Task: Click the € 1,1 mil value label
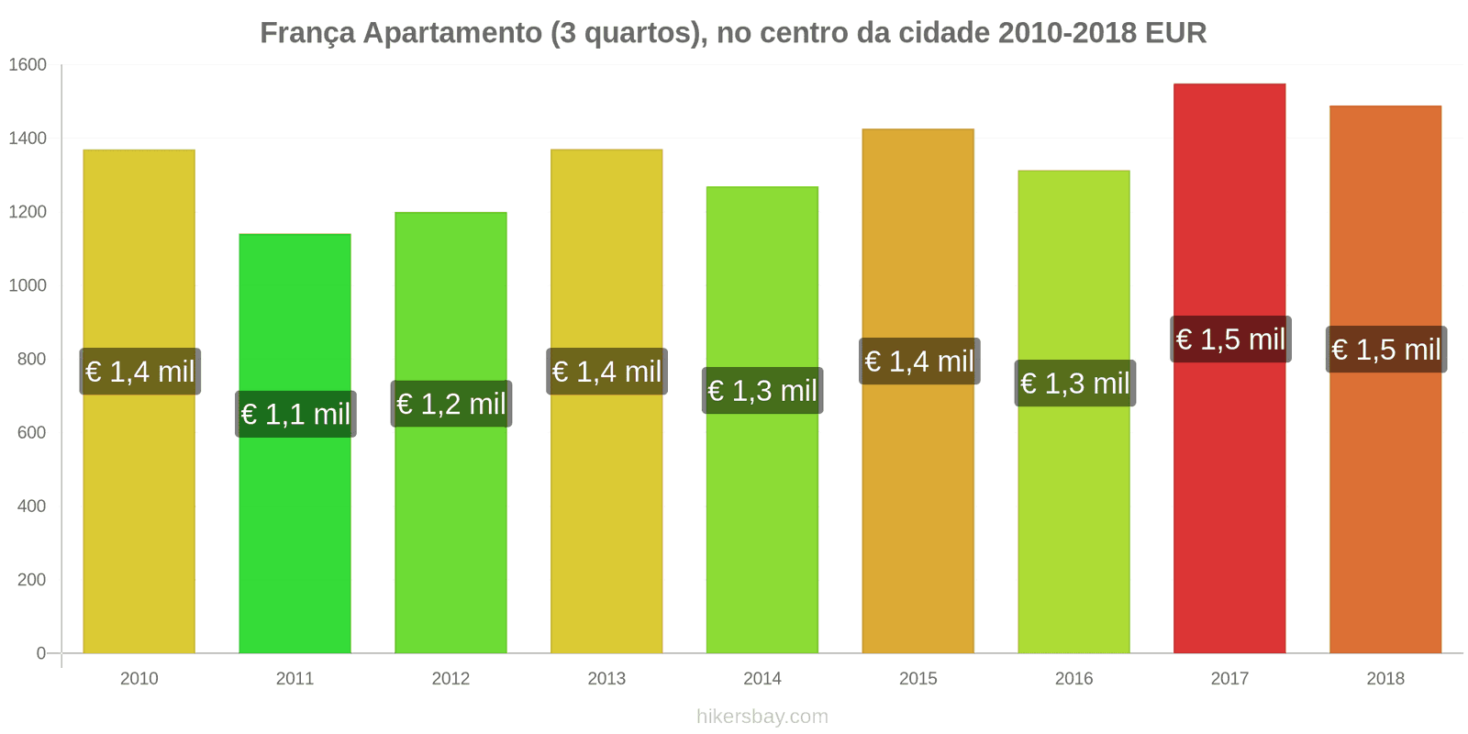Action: tap(295, 415)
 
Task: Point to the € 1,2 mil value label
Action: tap(450, 404)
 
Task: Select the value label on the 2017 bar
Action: tap(1230, 339)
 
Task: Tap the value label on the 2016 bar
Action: tap(1074, 384)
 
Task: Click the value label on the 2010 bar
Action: tap(139, 372)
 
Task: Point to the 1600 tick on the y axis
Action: tap(28, 65)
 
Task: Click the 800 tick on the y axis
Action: tap(31, 360)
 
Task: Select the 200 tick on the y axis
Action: tap(31, 580)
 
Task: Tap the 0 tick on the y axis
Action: tap(40, 653)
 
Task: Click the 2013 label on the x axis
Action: tap(606, 679)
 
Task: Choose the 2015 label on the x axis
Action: tap(917, 679)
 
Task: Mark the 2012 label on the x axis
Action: tap(450, 679)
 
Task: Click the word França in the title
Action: tap(307, 34)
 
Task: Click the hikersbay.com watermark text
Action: tap(762, 717)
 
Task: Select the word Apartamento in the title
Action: tap(452, 34)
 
